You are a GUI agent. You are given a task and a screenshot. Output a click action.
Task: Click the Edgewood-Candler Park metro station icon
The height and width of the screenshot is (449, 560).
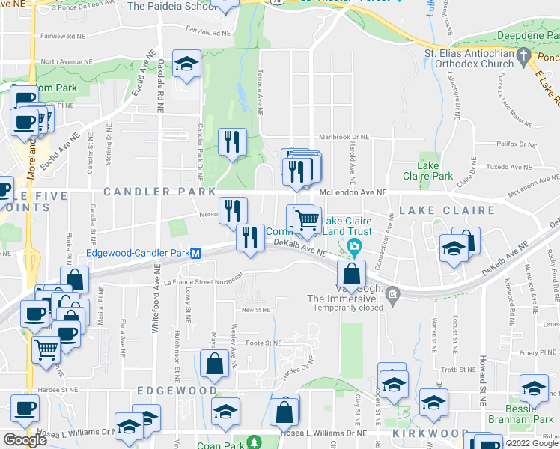tap(195, 253)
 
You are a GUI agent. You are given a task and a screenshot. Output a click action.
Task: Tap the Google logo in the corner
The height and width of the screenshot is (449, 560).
tap(25, 440)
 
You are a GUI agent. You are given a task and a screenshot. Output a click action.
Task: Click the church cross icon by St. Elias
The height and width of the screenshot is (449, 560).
tap(524, 55)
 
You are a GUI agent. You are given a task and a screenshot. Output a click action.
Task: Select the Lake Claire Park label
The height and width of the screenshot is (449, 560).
tap(435, 171)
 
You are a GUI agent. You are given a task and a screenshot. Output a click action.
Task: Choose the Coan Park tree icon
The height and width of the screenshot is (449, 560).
tap(254, 443)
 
